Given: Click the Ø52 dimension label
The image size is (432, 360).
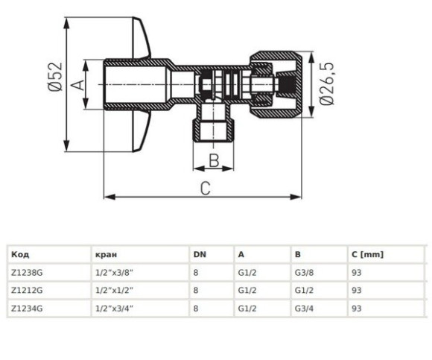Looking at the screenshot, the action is [x=55, y=76].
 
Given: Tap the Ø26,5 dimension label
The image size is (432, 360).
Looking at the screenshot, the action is [x=327, y=83].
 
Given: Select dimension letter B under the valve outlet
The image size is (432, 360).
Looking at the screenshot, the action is [x=214, y=160].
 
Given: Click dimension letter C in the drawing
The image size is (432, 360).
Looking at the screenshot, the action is [x=206, y=189].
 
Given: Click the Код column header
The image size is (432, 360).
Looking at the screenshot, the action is [x=20, y=254].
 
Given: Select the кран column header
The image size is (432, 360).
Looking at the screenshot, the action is [x=106, y=254].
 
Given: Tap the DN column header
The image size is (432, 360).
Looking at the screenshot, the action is [x=200, y=254].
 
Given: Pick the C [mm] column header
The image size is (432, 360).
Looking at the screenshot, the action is [x=367, y=254].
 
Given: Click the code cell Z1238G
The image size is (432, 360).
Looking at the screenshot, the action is [x=27, y=273].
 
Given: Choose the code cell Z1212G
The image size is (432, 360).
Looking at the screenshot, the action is [x=27, y=290].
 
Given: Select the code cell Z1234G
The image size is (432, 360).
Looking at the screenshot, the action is [x=27, y=308].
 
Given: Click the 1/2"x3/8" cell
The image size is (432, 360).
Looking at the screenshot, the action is [x=115, y=273].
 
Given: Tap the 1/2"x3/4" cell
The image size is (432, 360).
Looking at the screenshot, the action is [x=115, y=308].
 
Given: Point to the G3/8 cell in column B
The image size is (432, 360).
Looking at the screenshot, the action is [x=304, y=273].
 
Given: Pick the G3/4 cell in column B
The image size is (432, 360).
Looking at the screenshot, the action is [x=304, y=308].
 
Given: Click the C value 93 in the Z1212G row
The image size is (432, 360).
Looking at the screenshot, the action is [x=357, y=290].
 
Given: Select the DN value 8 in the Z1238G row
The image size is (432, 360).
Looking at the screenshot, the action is [x=196, y=273].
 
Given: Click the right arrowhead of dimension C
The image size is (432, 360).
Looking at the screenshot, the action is [x=296, y=197].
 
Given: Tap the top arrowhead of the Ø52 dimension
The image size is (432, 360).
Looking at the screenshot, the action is [x=66, y=23].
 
